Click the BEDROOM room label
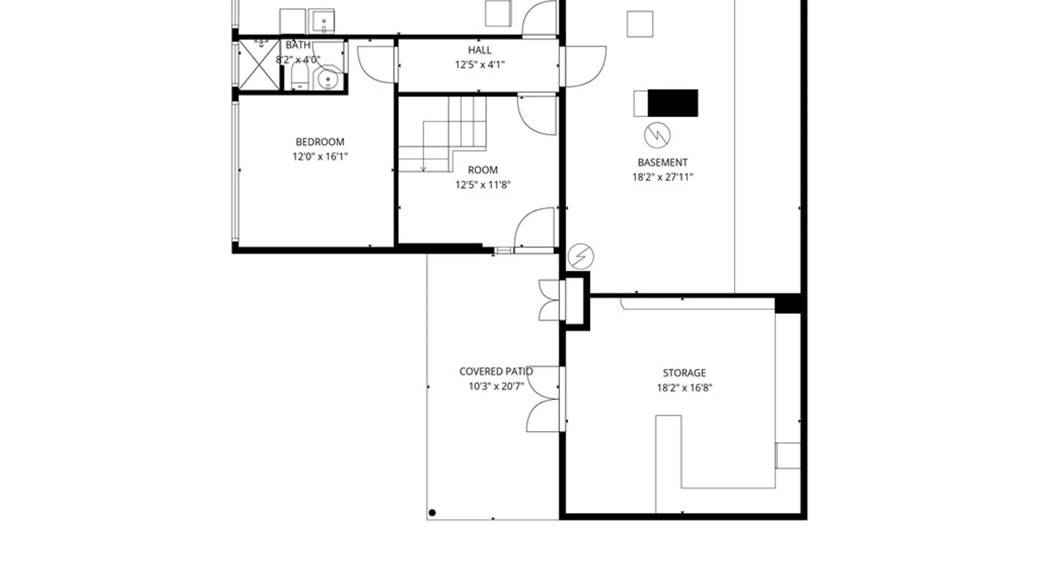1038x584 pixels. click(320, 142)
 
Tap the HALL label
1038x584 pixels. click(480, 50)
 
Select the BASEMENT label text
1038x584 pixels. click(662, 162)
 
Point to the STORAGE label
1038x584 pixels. click(684, 373)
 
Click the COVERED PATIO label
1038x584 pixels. click(496, 371)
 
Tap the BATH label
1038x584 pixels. click(298, 45)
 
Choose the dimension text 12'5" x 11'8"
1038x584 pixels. click(483, 184)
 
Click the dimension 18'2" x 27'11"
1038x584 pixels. click(662, 177)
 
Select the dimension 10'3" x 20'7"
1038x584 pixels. click(496, 386)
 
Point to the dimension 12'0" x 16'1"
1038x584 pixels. click(320, 156)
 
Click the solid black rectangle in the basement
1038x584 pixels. click(673, 103)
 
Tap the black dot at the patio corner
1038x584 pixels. click(432, 513)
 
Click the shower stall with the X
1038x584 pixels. click(259, 65)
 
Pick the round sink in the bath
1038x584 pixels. click(328, 79)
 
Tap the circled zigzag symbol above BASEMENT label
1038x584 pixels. click(657, 135)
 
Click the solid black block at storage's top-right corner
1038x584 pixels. click(788, 303)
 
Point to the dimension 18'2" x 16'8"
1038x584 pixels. click(684, 387)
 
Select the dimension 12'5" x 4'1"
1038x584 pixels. click(480, 65)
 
